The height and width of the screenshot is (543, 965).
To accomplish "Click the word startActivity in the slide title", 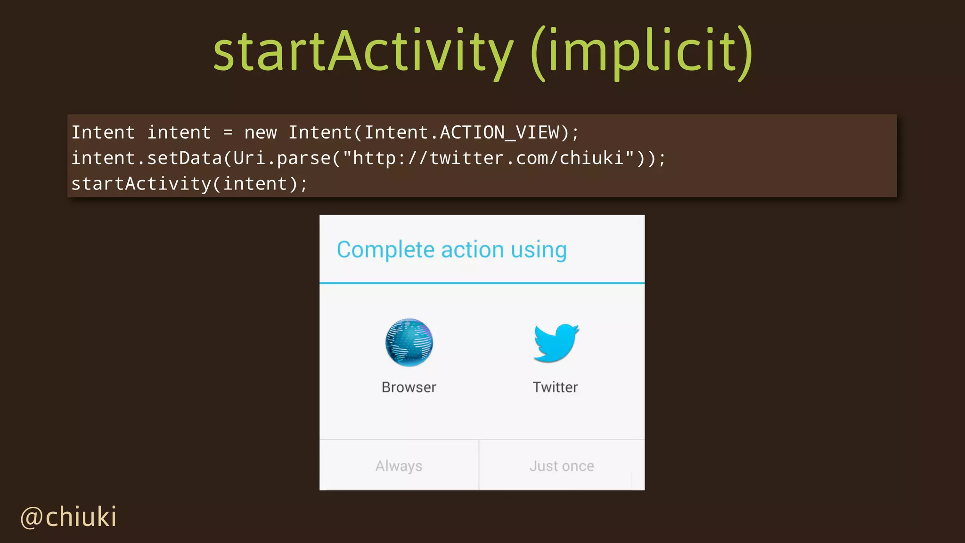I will point(363,51).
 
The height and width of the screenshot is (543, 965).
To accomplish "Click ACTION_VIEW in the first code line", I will point(499,132).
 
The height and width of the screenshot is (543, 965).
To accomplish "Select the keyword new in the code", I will point(260,132).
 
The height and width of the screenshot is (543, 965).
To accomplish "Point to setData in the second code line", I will point(184,158).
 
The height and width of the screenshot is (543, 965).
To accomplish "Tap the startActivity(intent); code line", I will point(189,184).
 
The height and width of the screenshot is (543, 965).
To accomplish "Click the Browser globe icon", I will point(409,343).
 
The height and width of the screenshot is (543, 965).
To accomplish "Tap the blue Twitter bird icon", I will point(556,343).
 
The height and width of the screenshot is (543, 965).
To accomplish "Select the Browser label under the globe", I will point(409,387).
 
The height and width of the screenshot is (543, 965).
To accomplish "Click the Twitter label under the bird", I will point(555,387).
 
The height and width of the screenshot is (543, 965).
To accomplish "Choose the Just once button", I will point(561,466).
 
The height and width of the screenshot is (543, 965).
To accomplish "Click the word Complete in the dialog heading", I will point(385,250).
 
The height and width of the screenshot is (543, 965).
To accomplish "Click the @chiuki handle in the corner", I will point(69,517).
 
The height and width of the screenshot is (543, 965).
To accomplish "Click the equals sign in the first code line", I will point(228,132).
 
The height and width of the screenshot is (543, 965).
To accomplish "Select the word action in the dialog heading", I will point(472,250).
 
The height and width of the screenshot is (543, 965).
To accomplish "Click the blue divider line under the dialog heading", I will point(482,283).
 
